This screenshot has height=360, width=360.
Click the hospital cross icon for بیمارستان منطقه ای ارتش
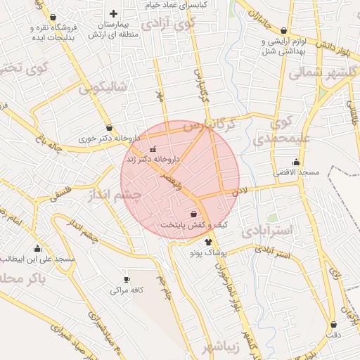point(114,13)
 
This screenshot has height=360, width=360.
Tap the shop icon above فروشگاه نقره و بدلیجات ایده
point(55,18)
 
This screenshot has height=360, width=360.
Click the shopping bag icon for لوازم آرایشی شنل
point(283,31)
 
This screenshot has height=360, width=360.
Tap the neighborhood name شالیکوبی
point(103,87)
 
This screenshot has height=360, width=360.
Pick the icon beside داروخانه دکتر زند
point(154,149)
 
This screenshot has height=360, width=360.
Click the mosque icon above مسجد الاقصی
point(277,162)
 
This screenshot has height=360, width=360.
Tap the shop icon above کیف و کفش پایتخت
point(193,214)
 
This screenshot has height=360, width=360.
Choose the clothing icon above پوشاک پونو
point(207,242)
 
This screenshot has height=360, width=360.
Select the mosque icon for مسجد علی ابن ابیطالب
point(37,248)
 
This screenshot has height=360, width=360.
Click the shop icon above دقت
point(333,325)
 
